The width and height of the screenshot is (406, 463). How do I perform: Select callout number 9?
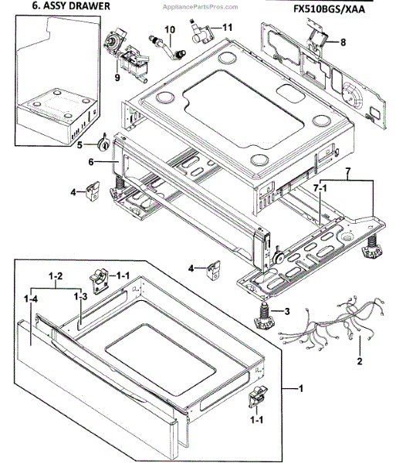pos(118,76)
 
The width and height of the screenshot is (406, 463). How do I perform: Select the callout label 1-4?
pos(31,298)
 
